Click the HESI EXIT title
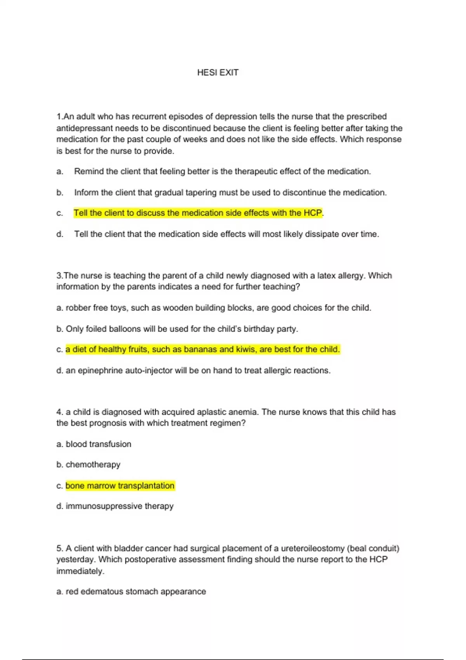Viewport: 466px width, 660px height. [x=217, y=73]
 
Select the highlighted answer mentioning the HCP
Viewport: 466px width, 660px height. [x=198, y=213]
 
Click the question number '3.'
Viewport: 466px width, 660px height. [x=60, y=276]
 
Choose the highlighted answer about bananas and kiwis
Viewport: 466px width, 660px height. [x=202, y=349]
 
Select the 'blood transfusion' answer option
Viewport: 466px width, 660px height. [x=98, y=444]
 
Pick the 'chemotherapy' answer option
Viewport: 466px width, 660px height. [x=93, y=465]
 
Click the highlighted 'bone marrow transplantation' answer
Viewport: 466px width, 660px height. [x=120, y=486]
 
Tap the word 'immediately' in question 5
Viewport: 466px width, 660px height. [x=80, y=571]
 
